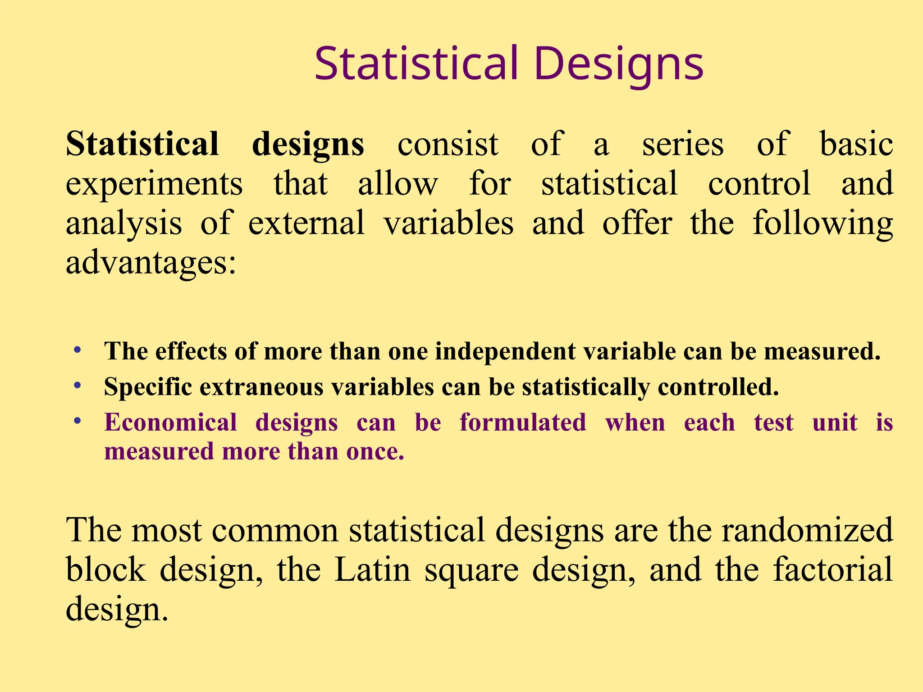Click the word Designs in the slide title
pyautogui.click(x=618, y=64)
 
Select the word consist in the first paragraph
pyautogui.click(x=448, y=145)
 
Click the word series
pyautogui.click(x=683, y=145)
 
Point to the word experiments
pyautogui.click(x=154, y=184)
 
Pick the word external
pyautogui.click(x=306, y=223)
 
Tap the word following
pyautogui.click(x=822, y=223)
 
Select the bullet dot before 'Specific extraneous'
pyautogui.click(x=78, y=386)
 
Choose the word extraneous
pyautogui.click(x=261, y=387)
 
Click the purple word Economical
pyautogui.click(x=170, y=423)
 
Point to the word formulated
pyautogui.click(x=523, y=423)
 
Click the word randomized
pyautogui.click(x=807, y=530)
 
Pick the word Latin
pyautogui.click(x=373, y=570)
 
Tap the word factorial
pyautogui.click(x=833, y=570)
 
